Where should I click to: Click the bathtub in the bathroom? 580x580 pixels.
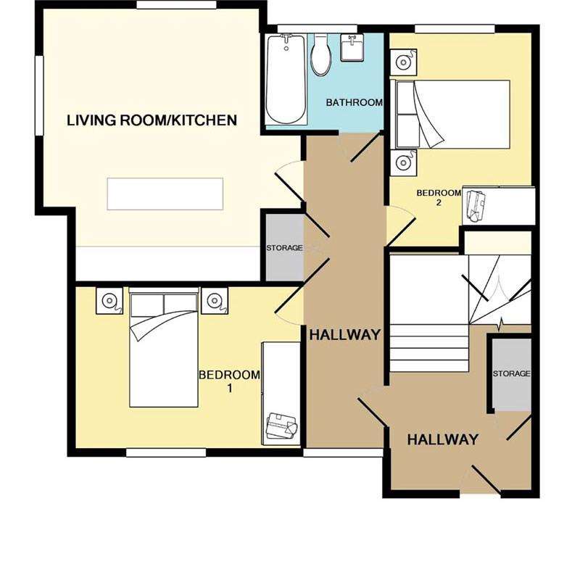coord(286,79)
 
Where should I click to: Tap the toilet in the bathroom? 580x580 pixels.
coord(320,55)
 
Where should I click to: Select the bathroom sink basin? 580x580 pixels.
coord(352,47)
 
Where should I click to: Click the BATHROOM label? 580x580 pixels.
coord(354,102)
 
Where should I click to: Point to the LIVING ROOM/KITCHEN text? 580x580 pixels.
coord(152,120)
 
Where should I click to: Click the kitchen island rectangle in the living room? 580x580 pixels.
coord(165,194)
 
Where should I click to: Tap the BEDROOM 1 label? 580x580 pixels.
coord(229,381)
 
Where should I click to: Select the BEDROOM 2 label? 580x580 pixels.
coord(439,197)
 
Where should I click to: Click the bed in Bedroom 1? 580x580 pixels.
coord(164,349)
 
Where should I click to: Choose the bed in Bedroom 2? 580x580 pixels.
coord(450,115)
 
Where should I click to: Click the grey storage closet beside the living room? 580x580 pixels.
coord(285,247)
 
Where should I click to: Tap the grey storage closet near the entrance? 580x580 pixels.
coord(512,374)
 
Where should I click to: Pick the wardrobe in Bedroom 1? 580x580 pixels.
coord(281,394)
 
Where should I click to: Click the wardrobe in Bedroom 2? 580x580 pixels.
coord(499,206)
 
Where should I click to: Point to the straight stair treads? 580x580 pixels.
coord(429,348)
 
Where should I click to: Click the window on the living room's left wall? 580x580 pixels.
coord(40,96)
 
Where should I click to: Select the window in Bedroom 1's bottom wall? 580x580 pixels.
coord(166,452)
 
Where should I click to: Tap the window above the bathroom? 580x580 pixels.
coord(317,29)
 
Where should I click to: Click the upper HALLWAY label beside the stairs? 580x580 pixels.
coord(345,335)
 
